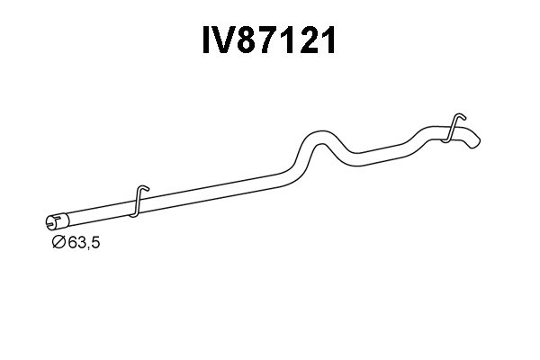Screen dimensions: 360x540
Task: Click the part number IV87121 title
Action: pos(270,41)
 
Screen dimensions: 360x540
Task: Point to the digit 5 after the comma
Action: pos(94,243)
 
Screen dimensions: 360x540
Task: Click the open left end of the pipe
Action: pos(49,221)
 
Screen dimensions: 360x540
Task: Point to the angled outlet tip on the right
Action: pos(474,141)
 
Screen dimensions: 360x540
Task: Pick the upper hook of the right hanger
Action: pos(458,116)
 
